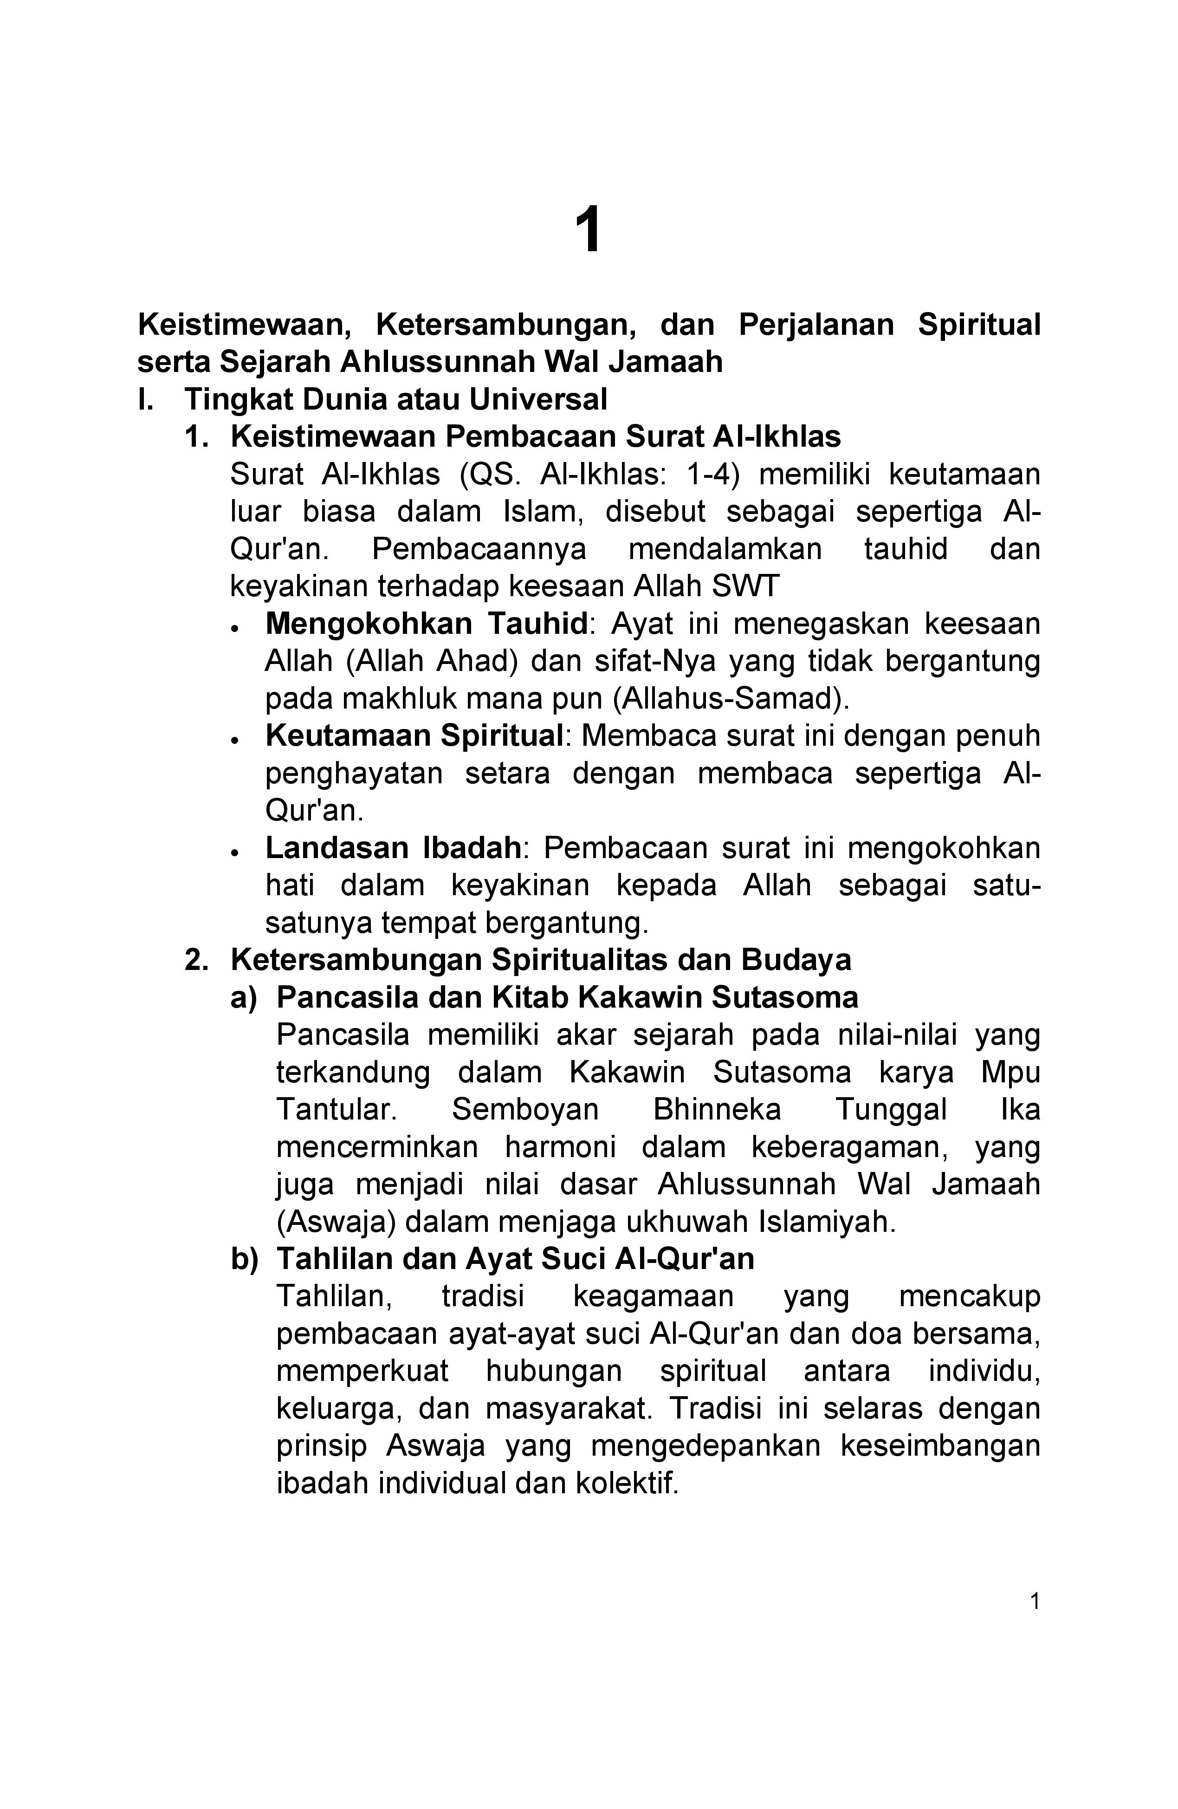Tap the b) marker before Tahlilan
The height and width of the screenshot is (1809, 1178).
click(244, 1259)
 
